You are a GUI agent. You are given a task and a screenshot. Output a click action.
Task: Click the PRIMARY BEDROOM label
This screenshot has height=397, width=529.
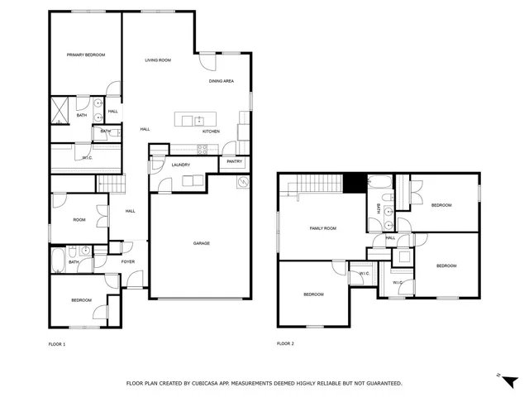[86, 55]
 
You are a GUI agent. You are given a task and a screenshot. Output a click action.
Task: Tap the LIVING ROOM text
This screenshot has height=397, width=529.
[157, 60]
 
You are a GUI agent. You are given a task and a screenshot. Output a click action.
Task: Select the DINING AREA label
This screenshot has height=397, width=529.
[221, 81]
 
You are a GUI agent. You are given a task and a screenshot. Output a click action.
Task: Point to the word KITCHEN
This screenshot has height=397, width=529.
[211, 132]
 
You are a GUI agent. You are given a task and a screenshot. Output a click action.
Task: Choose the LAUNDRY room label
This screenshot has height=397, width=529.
[181, 165]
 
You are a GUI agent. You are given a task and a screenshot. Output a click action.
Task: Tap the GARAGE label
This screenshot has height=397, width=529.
[201, 243]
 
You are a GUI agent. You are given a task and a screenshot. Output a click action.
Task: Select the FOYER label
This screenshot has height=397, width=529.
[128, 262]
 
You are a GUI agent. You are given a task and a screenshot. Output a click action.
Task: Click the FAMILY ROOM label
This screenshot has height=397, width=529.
[323, 228]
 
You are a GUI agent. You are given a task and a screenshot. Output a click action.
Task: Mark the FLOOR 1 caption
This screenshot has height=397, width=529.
[57, 343]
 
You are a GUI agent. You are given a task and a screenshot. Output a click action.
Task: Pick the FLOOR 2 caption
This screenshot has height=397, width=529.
[285, 343]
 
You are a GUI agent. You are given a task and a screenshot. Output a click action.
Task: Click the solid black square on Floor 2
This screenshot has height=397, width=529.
[355, 183]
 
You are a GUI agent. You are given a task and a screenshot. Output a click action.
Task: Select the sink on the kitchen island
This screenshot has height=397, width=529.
[199, 121]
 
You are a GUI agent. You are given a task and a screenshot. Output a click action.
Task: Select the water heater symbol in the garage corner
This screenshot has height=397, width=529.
[241, 182]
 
